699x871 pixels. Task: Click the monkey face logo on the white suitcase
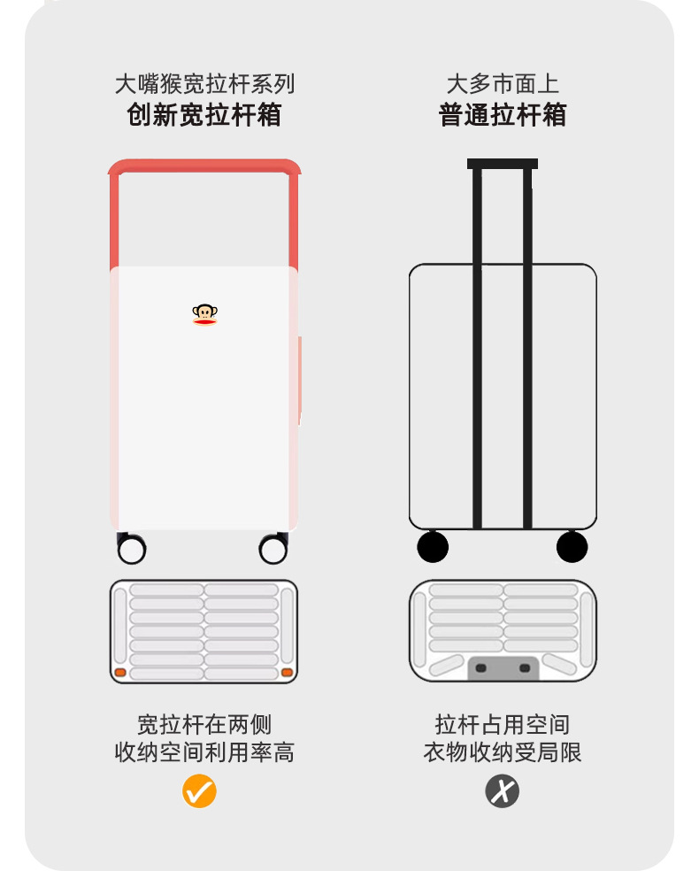click(204, 313)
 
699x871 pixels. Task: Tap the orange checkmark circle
click(199, 790)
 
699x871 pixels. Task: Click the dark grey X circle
click(502, 790)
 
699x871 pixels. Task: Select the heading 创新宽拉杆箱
click(204, 115)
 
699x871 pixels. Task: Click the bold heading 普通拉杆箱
click(503, 115)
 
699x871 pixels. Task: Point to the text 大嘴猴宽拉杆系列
click(204, 84)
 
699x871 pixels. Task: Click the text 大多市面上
click(503, 84)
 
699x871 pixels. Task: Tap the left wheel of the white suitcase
click(132, 550)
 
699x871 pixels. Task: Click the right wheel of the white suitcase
click(273, 550)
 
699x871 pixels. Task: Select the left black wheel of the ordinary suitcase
click(433, 547)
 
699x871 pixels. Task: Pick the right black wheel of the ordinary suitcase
click(572, 547)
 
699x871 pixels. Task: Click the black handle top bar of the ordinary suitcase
click(503, 164)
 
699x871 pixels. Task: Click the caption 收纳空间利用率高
click(204, 752)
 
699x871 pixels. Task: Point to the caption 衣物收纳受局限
click(503, 752)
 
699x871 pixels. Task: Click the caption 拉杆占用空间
click(503, 724)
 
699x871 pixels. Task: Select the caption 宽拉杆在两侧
click(204, 724)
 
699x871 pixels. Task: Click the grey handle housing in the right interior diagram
click(503, 667)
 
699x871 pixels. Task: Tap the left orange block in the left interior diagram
click(120, 673)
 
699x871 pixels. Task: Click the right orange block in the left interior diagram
click(287, 673)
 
